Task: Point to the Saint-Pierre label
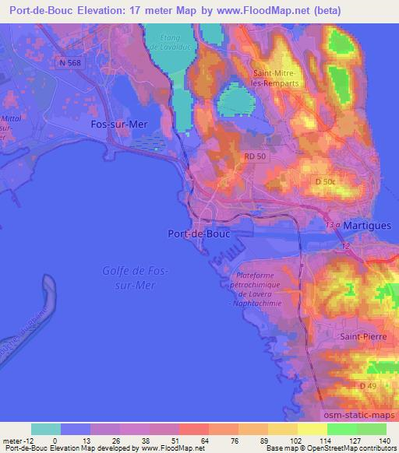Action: (358, 336)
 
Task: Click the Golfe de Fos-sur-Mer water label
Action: (129, 278)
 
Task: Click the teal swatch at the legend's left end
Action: (45, 429)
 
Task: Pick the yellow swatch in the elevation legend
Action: (312, 429)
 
